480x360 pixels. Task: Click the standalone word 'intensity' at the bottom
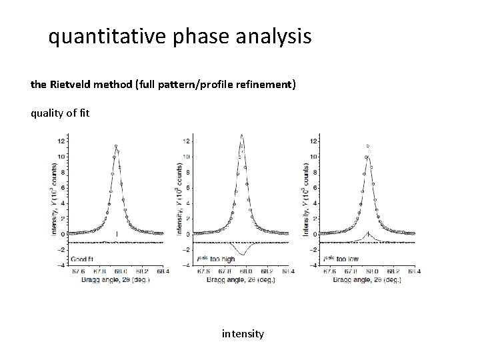[243, 333]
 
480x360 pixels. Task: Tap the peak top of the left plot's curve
[116, 147]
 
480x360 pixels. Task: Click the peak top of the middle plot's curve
[242, 136]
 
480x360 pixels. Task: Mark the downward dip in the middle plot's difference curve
[243, 254]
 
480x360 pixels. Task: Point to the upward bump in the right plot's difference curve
[368, 233]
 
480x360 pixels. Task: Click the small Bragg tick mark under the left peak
[117, 234]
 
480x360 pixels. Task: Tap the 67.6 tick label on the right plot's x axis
[329, 271]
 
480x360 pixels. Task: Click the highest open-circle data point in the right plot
[367, 145]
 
